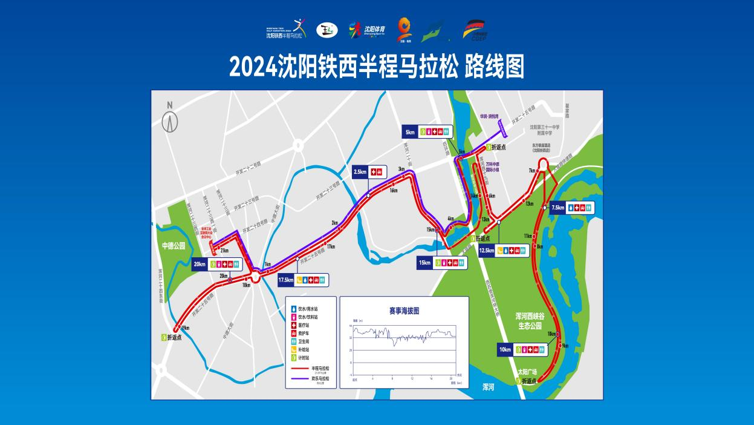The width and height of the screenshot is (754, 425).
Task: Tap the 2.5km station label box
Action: tap(368, 172)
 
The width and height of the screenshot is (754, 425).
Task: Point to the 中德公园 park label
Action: tap(173, 246)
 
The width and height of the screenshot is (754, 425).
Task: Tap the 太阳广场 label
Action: tap(527, 371)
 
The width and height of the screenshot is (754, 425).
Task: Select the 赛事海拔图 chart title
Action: tap(404, 311)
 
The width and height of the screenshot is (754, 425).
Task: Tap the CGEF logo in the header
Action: tap(474, 30)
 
